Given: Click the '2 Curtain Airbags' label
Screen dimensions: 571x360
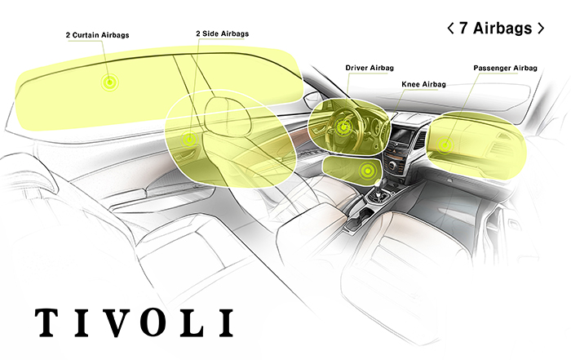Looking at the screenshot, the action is (x=97, y=35).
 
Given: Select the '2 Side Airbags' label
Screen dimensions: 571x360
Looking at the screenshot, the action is (x=222, y=33).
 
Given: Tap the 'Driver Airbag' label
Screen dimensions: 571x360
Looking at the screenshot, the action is (x=370, y=68).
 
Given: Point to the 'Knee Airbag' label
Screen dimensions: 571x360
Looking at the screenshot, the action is (x=423, y=84).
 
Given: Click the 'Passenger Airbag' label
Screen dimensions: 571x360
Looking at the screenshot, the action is (x=505, y=68).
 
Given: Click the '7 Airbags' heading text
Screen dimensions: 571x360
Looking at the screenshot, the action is (x=495, y=28).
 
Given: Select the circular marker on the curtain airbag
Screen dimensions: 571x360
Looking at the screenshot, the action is (x=109, y=82).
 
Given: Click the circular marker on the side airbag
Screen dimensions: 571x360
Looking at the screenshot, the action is (x=189, y=139).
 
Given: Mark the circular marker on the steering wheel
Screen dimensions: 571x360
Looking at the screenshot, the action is (x=343, y=127).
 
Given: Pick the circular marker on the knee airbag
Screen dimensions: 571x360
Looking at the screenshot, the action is (x=368, y=170).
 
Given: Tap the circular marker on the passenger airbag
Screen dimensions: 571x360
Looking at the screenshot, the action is (x=444, y=144).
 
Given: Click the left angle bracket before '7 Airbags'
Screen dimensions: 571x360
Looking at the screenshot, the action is (x=450, y=28).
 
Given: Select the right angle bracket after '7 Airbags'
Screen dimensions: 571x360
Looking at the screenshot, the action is (x=541, y=28).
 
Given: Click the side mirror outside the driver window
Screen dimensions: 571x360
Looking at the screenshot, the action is (x=312, y=98).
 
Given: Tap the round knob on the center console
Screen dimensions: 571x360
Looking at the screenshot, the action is (x=392, y=167).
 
